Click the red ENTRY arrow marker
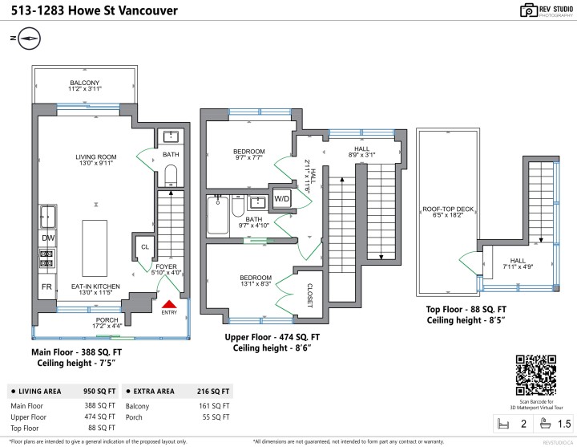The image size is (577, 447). tap(169, 303)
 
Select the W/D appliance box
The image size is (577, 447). tap(282, 198)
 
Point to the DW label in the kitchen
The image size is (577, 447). tap(47, 238)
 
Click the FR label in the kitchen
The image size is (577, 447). tap(47, 286)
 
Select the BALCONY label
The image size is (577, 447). tap(85, 83)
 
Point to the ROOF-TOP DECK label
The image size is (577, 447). tap(449, 211)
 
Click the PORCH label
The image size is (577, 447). tap(107, 321)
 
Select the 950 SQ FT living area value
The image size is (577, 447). tap(101, 391)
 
